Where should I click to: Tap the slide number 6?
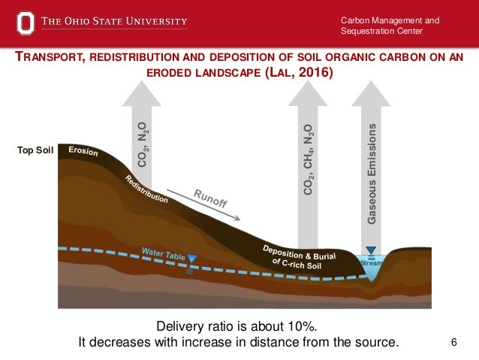click(x=453, y=343)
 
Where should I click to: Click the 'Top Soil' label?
click(x=36, y=151)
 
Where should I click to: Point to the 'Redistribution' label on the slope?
click(x=146, y=189)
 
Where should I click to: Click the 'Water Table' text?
click(x=163, y=253)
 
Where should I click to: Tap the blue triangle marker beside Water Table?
click(x=192, y=259)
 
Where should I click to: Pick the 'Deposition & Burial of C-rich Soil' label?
click(x=298, y=255)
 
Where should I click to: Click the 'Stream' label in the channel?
click(x=371, y=264)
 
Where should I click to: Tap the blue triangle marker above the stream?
click(x=371, y=251)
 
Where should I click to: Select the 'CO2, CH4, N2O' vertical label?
click(x=309, y=162)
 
